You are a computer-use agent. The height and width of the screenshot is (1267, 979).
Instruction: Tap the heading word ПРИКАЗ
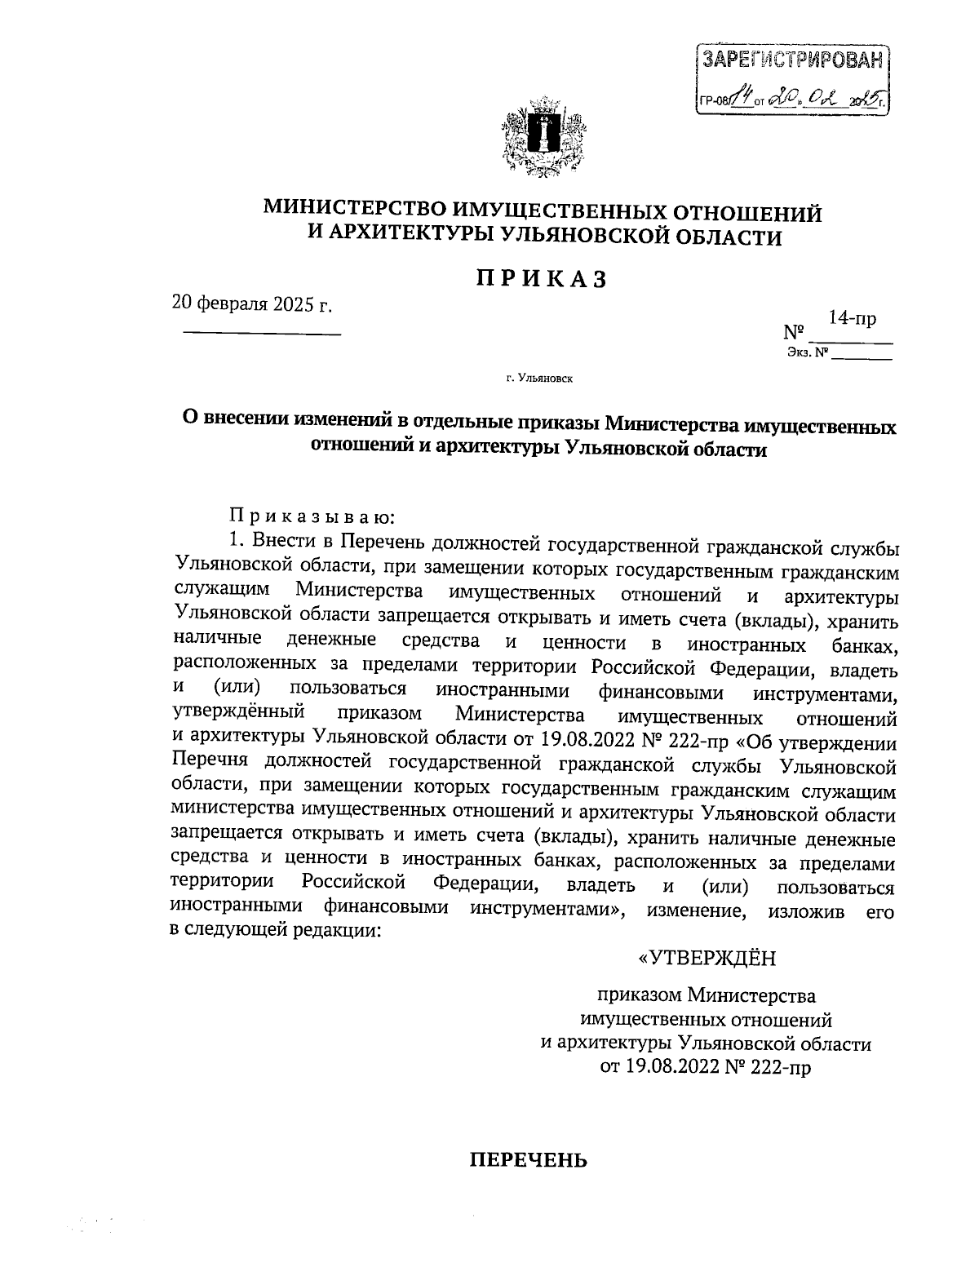[542, 279]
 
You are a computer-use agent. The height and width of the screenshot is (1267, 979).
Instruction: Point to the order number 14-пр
[852, 317]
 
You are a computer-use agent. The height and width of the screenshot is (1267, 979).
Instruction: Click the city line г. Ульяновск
[539, 379]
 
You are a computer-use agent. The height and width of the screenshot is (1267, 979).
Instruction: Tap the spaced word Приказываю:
[312, 516]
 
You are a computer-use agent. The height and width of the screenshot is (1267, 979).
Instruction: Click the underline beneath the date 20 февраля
[260, 333]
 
